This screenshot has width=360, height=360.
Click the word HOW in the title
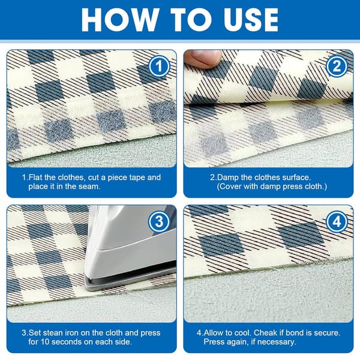[x=119, y=20]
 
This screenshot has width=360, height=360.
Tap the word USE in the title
[x=251, y=20]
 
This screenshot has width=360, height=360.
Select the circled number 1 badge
[x=159, y=67]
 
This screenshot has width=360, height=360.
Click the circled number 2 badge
[x=337, y=67]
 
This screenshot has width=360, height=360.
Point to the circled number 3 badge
[x=159, y=222]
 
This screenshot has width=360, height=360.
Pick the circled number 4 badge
[x=337, y=222]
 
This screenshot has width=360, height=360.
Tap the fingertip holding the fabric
[x=203, y=59]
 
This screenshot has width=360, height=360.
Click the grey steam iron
[x=130, y=248]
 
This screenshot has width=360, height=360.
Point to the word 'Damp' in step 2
[x=227, y=178]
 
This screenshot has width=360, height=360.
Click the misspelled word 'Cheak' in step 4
[x=265, y=332]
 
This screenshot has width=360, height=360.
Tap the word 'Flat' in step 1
[x=35, y=178]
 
